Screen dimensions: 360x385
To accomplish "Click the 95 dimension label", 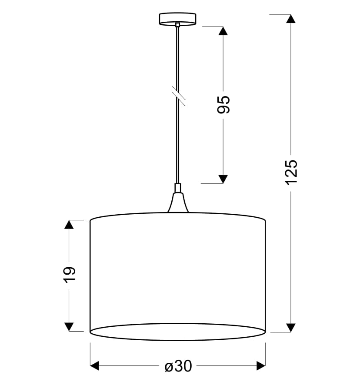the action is coord(223,105).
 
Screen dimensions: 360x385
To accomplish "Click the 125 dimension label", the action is coord(291,173).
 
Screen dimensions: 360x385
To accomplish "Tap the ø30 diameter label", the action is coord(178,366).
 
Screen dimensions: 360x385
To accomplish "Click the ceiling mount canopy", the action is coord(178,19).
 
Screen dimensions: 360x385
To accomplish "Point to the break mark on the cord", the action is coord(178,96).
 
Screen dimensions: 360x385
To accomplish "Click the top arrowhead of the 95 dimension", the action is coord(223,31).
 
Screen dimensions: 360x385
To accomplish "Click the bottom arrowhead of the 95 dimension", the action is coord(223,179).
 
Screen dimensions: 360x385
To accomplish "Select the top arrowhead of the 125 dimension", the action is coord(291,19).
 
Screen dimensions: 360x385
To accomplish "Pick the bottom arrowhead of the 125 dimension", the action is coord(291,328).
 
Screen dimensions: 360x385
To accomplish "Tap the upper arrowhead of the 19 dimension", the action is coord(69,224).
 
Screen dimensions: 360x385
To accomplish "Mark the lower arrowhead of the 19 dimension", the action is coord(69,327).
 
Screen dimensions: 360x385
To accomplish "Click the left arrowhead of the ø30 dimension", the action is coord(95,365).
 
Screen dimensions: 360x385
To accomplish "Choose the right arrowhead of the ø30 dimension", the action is coord(261,365).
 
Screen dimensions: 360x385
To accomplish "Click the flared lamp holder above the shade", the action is coord(178,203).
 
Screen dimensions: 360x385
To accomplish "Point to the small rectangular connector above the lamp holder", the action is coord(178,188).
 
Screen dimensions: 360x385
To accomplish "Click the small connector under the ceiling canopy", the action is coord(178,25).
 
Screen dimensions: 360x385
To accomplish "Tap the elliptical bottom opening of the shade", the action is coord(178,332).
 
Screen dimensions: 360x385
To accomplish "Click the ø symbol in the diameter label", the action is coord(169,367).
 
